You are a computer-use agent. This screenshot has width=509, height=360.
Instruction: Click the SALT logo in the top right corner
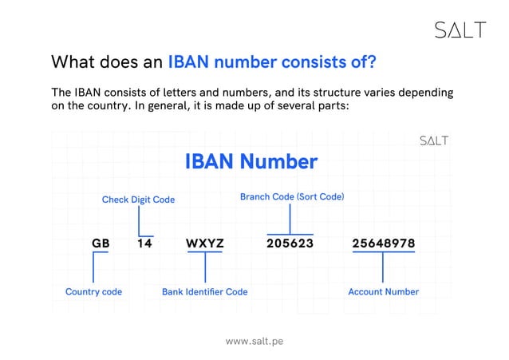460,30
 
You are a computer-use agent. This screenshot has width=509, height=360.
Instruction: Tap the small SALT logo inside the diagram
434,141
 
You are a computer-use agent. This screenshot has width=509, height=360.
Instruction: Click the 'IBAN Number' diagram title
251,162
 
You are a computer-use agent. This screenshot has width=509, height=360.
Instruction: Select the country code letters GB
101,243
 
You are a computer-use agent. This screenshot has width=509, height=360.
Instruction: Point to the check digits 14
144,243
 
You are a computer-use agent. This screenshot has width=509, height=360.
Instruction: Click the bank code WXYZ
205,243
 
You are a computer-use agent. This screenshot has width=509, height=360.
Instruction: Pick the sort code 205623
290,243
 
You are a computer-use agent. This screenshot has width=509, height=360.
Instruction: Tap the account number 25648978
383,243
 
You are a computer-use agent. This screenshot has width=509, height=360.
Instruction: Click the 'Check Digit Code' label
138,200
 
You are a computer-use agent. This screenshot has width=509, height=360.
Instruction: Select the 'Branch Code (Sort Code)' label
292,196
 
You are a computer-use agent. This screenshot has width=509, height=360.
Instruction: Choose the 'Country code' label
93,291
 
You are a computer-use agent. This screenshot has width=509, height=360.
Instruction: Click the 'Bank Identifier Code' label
204,291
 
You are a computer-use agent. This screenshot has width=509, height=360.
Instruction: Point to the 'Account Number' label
383,291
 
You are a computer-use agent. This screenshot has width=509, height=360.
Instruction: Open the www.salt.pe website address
254,341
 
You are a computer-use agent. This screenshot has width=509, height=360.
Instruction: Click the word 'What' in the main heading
69,61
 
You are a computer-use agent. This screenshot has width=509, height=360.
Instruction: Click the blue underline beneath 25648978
383,252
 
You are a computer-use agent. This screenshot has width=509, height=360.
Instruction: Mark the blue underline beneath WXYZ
205,252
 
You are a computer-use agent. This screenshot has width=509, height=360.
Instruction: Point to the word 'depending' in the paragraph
426,93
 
